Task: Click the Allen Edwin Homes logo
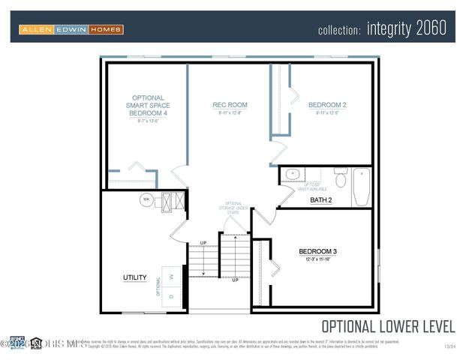pyautogui.click(x=71, y=29)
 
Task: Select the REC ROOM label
pyautogui.click(x=230, y=105)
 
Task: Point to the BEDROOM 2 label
pyautogui.click(x=327, y=105)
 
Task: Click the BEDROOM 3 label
pyautogui.click(x=317, y=251)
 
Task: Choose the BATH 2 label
pyautogui.click(x=320, y=200)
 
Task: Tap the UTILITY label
pyautogui.click(x=135, y=277)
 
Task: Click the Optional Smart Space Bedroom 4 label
pyautogui.click(x=148, y=106)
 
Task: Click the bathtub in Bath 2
pyautogui.click(x=362, y=186)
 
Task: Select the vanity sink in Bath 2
pyautogui.click(x=290, y=174)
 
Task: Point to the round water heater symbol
pyautogui.click(x=146, y=199)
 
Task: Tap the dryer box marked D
pyautogui.click(x=173, y=295)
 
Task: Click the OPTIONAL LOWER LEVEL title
pyautogui.click(x=388, y=326)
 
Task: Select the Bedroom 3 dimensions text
pyautogui.click(x=317, y=259)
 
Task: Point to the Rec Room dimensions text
pyautogui.click(x=230, y=114)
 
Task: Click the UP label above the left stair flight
pyautogui.click(x=203, y=242)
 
